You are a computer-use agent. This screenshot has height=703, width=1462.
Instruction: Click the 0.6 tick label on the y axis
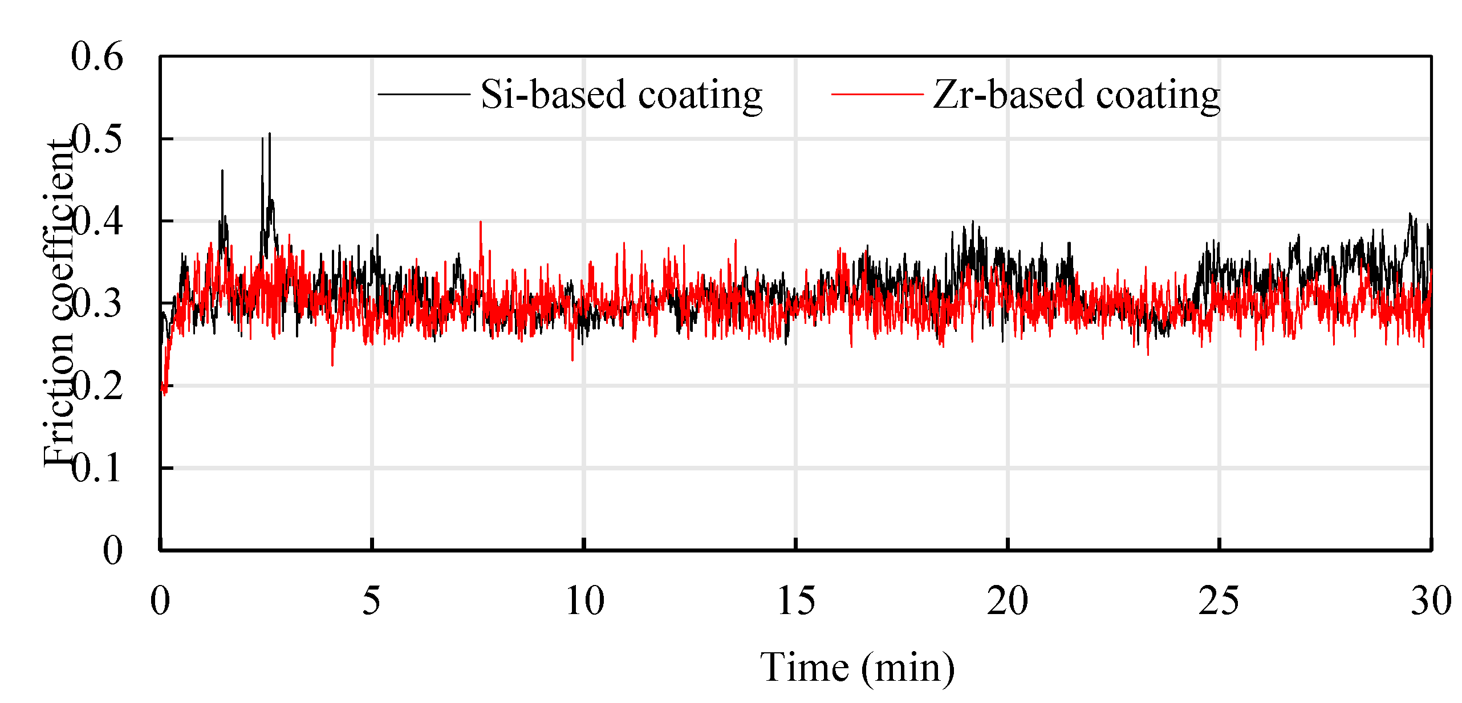[x=97, y=57]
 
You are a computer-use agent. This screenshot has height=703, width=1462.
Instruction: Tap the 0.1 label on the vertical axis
[x=97, y=469]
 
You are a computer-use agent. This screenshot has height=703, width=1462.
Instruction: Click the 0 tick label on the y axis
[x=112, y=551]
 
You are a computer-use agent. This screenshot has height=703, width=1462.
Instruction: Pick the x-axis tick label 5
[x=371, y=600]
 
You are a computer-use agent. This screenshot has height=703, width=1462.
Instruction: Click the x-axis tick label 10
[x=584, y=600]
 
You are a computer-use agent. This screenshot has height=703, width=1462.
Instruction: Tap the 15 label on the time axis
[x=796, y=600]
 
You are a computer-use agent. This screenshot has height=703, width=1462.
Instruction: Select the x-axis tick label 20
[x=1008, y=600]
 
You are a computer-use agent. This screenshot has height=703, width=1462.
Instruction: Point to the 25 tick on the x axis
[x=1219, y=600]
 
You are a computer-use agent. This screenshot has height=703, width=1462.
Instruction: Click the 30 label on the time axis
[x=1431, y=600]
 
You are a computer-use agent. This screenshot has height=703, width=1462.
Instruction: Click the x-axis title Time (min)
[x=857, y=667]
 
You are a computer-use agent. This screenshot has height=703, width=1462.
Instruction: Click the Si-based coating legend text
[x=621, y=95]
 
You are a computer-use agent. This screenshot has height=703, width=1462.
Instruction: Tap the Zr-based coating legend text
[x=1076, y=95]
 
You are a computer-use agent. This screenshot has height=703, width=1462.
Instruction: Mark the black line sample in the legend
[x=423, y=94]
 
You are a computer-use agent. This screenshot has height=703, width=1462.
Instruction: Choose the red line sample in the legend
[x=876, y=94]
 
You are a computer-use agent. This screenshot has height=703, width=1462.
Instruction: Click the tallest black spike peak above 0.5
[x=270, y=135]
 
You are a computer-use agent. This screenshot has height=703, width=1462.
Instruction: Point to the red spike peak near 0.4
[x=481, y=222]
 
